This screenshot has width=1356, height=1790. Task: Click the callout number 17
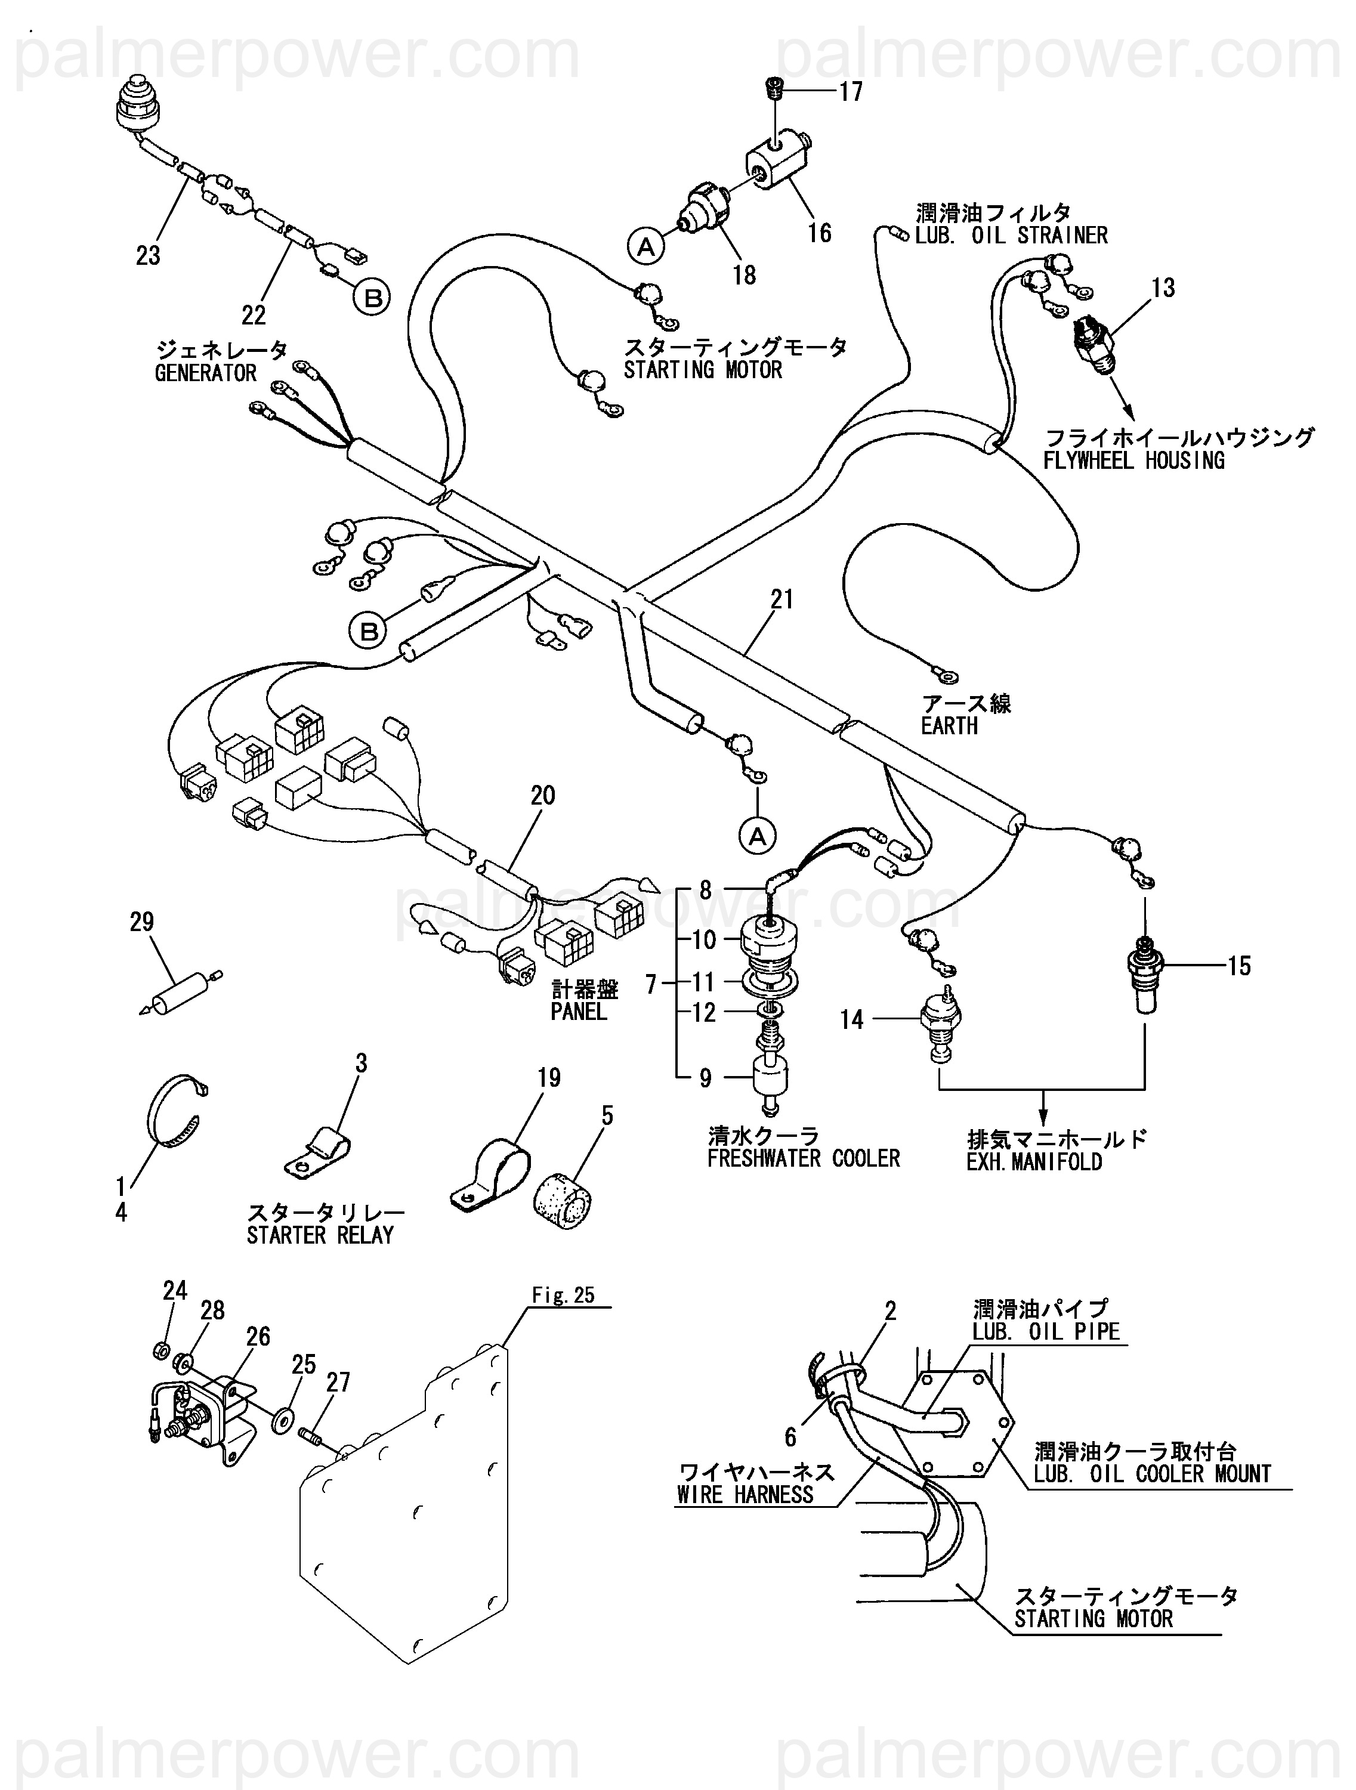(x=850, y=91)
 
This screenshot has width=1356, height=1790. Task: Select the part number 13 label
(x=1163, y=288)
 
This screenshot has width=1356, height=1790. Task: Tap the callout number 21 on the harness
(x=782, y=599)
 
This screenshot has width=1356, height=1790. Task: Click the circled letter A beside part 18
(x=646, y=245)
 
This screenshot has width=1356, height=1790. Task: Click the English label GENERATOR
(x=206, y=373)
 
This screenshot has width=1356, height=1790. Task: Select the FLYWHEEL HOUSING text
(x=1133, y=461)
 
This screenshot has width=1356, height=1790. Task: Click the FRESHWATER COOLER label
(x=803, y=1159)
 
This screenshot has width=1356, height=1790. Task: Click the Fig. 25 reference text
(x=563, y=1295)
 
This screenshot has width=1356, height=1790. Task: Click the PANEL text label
(x=578, y=1012)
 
